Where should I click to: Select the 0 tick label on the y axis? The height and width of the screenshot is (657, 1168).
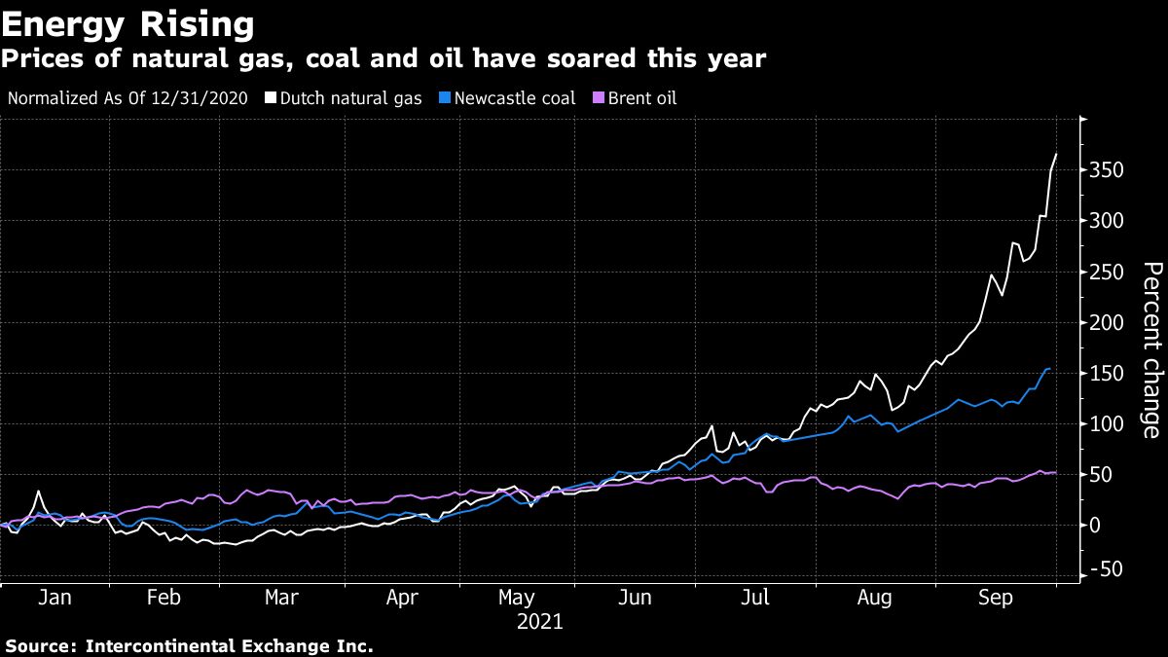pos(1097,526)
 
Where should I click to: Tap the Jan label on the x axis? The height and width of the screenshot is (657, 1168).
pos(55,599)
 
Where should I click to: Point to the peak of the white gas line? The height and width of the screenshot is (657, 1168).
pos(1056,154)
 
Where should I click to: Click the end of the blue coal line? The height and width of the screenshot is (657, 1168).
pos(1049,369)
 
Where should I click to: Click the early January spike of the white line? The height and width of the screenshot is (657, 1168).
pos(38,492)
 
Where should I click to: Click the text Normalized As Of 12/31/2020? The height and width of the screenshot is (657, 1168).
pos(128,98)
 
